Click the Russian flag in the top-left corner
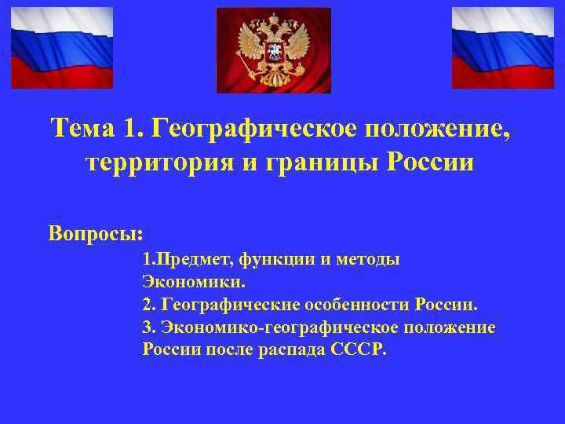61,47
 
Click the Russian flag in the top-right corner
503,47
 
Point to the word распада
289,349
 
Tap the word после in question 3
228,349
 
